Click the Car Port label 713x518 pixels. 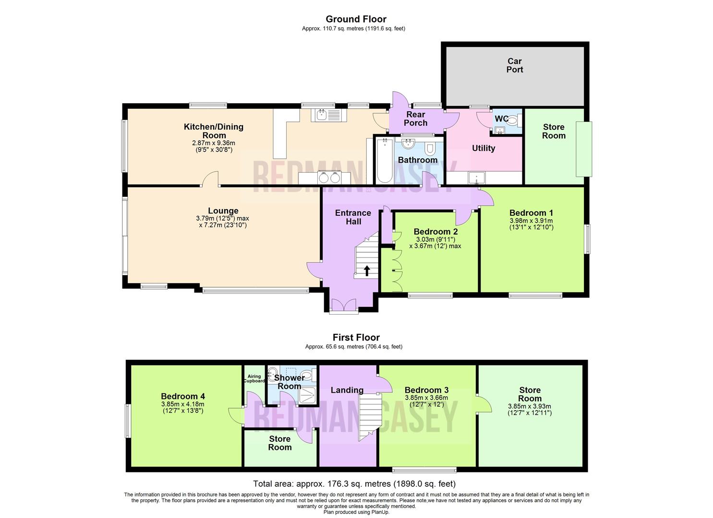click(515, 65)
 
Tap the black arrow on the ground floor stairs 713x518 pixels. click(367, 271)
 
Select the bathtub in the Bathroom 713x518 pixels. click(384, 160)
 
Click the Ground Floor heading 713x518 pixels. click(356, 19)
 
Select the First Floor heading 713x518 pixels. click(356, 338)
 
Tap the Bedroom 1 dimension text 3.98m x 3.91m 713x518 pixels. click(531, 221)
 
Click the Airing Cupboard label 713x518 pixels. click(254, 378)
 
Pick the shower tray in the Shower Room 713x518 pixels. click(306, 395)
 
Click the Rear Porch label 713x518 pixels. click(415, 118)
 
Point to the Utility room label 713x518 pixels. click(483, 148)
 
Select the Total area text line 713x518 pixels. click(354, 483)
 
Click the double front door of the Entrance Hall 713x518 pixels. click(344, 306)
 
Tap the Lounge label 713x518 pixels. click(223, 211)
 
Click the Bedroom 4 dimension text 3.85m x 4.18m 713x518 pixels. click(183, 404)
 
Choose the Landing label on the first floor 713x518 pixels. click(347, 390)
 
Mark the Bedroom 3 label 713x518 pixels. click(426, 390)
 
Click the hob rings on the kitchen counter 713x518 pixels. click(329, 177)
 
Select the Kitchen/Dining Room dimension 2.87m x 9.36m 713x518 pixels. click(214, 143)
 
